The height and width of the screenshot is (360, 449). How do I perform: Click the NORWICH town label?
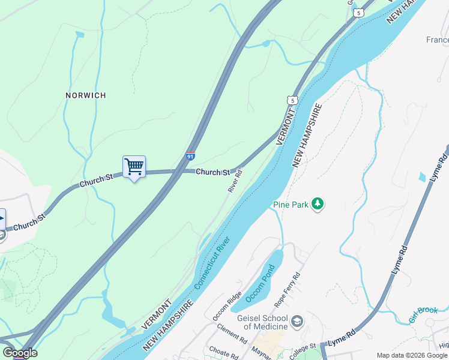(x=86, y=95)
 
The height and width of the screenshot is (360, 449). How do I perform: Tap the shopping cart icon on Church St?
(x=134, y=166)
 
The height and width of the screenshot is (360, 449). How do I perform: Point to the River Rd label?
(x=235, y=181)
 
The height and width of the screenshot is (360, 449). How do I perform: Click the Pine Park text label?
(x=291, y=205)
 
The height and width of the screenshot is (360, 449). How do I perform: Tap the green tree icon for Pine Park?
(x=318, y=205)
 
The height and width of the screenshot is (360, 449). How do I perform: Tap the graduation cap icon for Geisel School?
(x=297, y=323)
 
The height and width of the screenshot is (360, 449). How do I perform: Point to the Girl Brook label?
(x=424, y=314)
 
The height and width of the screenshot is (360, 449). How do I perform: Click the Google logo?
(x=20, y=353)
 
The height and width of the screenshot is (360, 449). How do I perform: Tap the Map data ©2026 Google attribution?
(x=412, y=355)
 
